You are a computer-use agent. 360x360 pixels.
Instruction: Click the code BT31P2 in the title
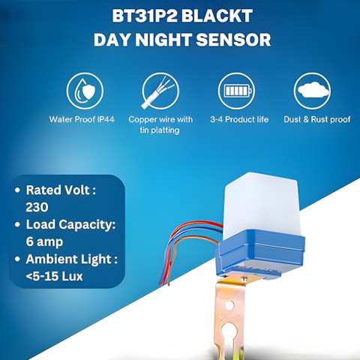point(145,16)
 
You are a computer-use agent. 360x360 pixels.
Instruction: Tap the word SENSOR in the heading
point(233,40)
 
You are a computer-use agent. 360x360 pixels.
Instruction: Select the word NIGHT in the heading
point(163,40)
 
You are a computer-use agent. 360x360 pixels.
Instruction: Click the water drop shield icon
point(85,91)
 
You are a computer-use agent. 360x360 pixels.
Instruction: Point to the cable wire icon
point(160,91)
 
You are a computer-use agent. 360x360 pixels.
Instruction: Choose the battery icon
point(236,91)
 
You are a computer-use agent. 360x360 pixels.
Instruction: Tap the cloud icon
point(312,91)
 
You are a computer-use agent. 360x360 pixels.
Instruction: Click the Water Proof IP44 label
point(82,119)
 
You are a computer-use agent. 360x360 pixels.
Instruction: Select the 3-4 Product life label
point(239,119)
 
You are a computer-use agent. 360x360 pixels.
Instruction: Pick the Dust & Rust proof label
point(317,119)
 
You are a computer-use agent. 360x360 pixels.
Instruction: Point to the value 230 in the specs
point(37,207)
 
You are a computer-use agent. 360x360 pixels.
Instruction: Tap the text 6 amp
point(44,242)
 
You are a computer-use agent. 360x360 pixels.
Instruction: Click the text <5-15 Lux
point(54,276)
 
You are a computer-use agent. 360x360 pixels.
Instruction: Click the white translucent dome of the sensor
point(260,205)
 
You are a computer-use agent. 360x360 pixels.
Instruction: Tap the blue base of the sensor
point(260,253)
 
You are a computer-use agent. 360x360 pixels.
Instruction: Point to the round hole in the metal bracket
point(229,305)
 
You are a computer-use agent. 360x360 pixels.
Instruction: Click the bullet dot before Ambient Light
point(17,259)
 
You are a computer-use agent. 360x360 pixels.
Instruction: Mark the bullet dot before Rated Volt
point(17,190)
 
